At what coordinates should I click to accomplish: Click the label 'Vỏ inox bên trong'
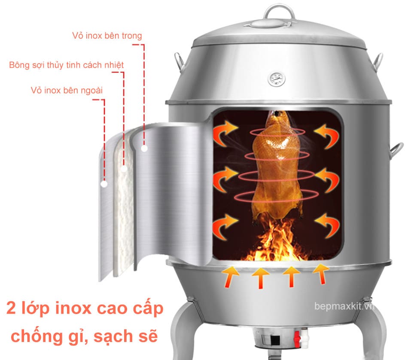click(107, 36)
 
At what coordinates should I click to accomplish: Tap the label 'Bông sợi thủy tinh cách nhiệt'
click(67, 65)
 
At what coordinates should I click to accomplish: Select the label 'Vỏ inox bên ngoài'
click(67, 91)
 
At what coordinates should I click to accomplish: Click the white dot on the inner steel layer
click(145, 149)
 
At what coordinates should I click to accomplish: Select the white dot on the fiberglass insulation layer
click(124, 168)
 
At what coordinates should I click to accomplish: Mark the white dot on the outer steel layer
click(104, 185)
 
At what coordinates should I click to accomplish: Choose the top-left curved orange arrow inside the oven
click(226, 129)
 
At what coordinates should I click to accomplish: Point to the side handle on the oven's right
click(396, 150)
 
